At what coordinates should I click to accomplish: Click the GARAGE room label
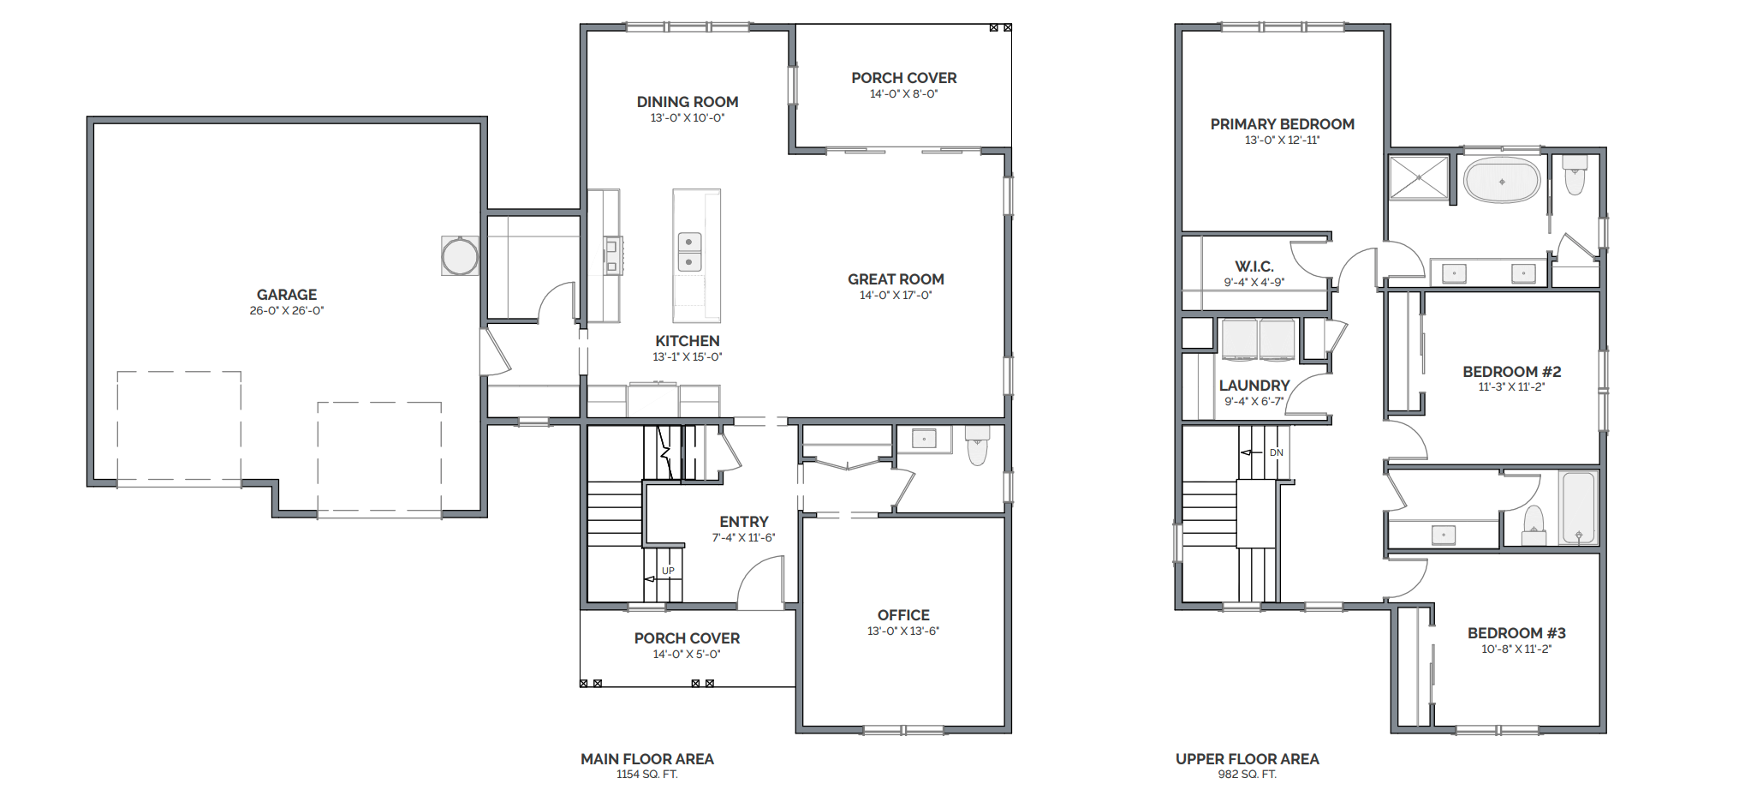(287, 295)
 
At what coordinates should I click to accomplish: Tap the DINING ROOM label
(688, 102)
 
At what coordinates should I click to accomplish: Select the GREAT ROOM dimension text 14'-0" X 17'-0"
(896, 296)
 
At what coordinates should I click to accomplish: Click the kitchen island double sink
(689, 252)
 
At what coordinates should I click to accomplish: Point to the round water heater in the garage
(460, 256)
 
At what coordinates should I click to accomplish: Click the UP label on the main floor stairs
(668, 571)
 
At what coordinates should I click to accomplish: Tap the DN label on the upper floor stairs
(1277, 452)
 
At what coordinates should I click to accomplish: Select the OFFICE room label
(903, 615)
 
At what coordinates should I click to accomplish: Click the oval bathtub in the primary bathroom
(1502, 181)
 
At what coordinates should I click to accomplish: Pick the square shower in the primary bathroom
(1419, 177)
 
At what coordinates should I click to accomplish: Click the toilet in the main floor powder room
(977, 445)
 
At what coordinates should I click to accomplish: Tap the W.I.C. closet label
(1254, 266)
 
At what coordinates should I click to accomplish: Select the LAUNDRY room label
(1254, 386)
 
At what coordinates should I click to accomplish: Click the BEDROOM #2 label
(1512, 372)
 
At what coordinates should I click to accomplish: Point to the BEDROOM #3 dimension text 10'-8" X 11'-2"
(1516, 649)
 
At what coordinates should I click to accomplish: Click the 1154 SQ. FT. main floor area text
(647, 775)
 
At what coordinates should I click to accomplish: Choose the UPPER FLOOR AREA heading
(1248, 759)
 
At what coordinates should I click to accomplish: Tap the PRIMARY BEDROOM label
(1283, 124)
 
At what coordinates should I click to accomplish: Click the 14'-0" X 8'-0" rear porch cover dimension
(904, 94)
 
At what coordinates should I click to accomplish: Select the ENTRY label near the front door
(744, 522)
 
